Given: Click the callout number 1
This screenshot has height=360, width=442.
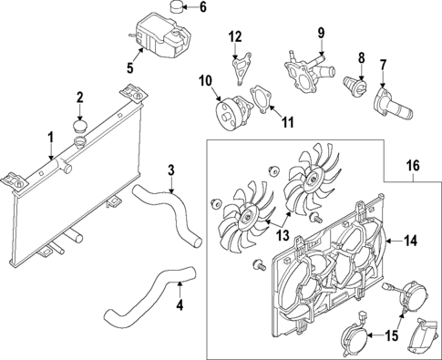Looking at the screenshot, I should pos(51,139).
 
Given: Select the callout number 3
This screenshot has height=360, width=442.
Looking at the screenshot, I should pos(170,169).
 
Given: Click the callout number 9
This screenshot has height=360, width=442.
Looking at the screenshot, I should pos(321,35).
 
